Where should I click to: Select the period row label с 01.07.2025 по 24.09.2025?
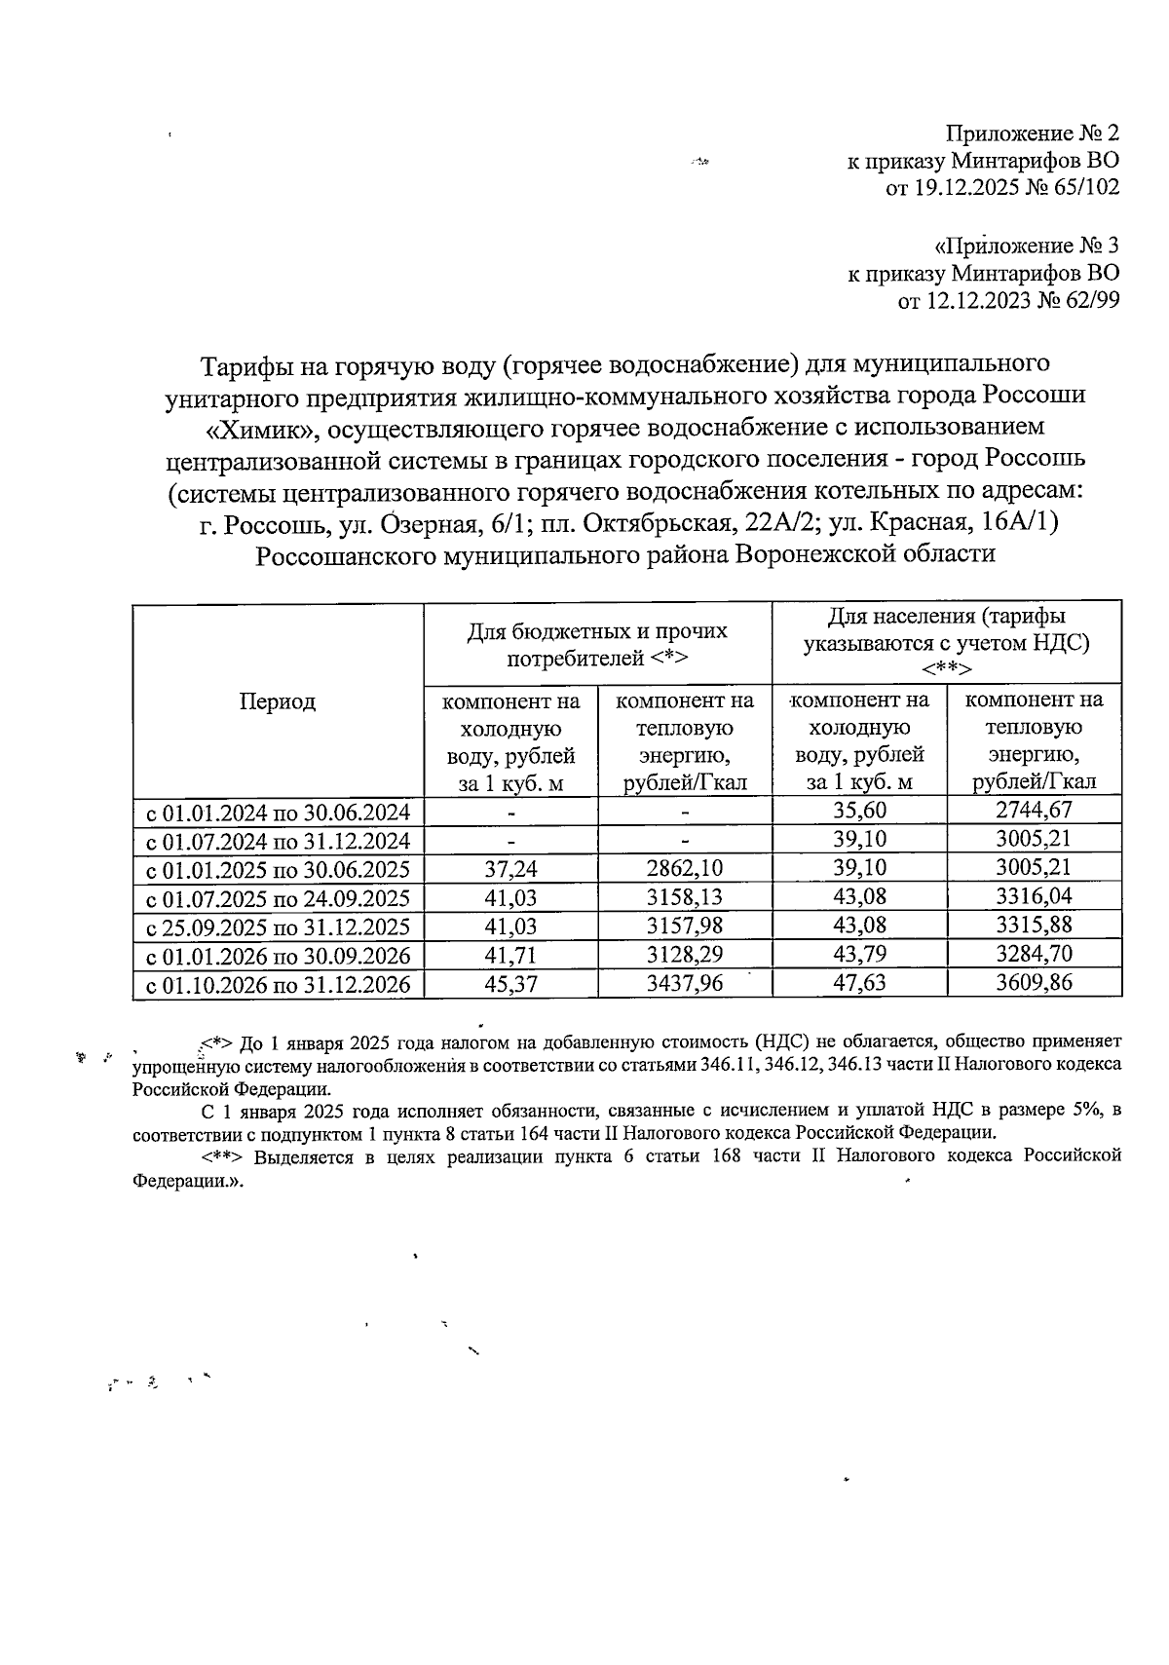[x=278, y=897]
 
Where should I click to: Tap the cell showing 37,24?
[x=510, y=869]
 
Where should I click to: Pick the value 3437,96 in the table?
[x=685, y=983]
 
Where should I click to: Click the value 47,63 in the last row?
[x=859, y=983]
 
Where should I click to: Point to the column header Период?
[x=278, y=701]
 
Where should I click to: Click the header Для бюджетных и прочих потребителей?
[x=597, y=643]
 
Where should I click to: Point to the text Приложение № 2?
[x=1033, y=132]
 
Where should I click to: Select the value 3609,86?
[x=1033, y=983]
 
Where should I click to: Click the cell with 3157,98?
[x=685, y=926]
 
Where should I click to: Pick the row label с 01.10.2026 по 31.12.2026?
[x=278, y=985]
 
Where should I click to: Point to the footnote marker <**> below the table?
[x=223, y=1156]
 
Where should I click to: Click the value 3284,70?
[x=1033, y=954]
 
